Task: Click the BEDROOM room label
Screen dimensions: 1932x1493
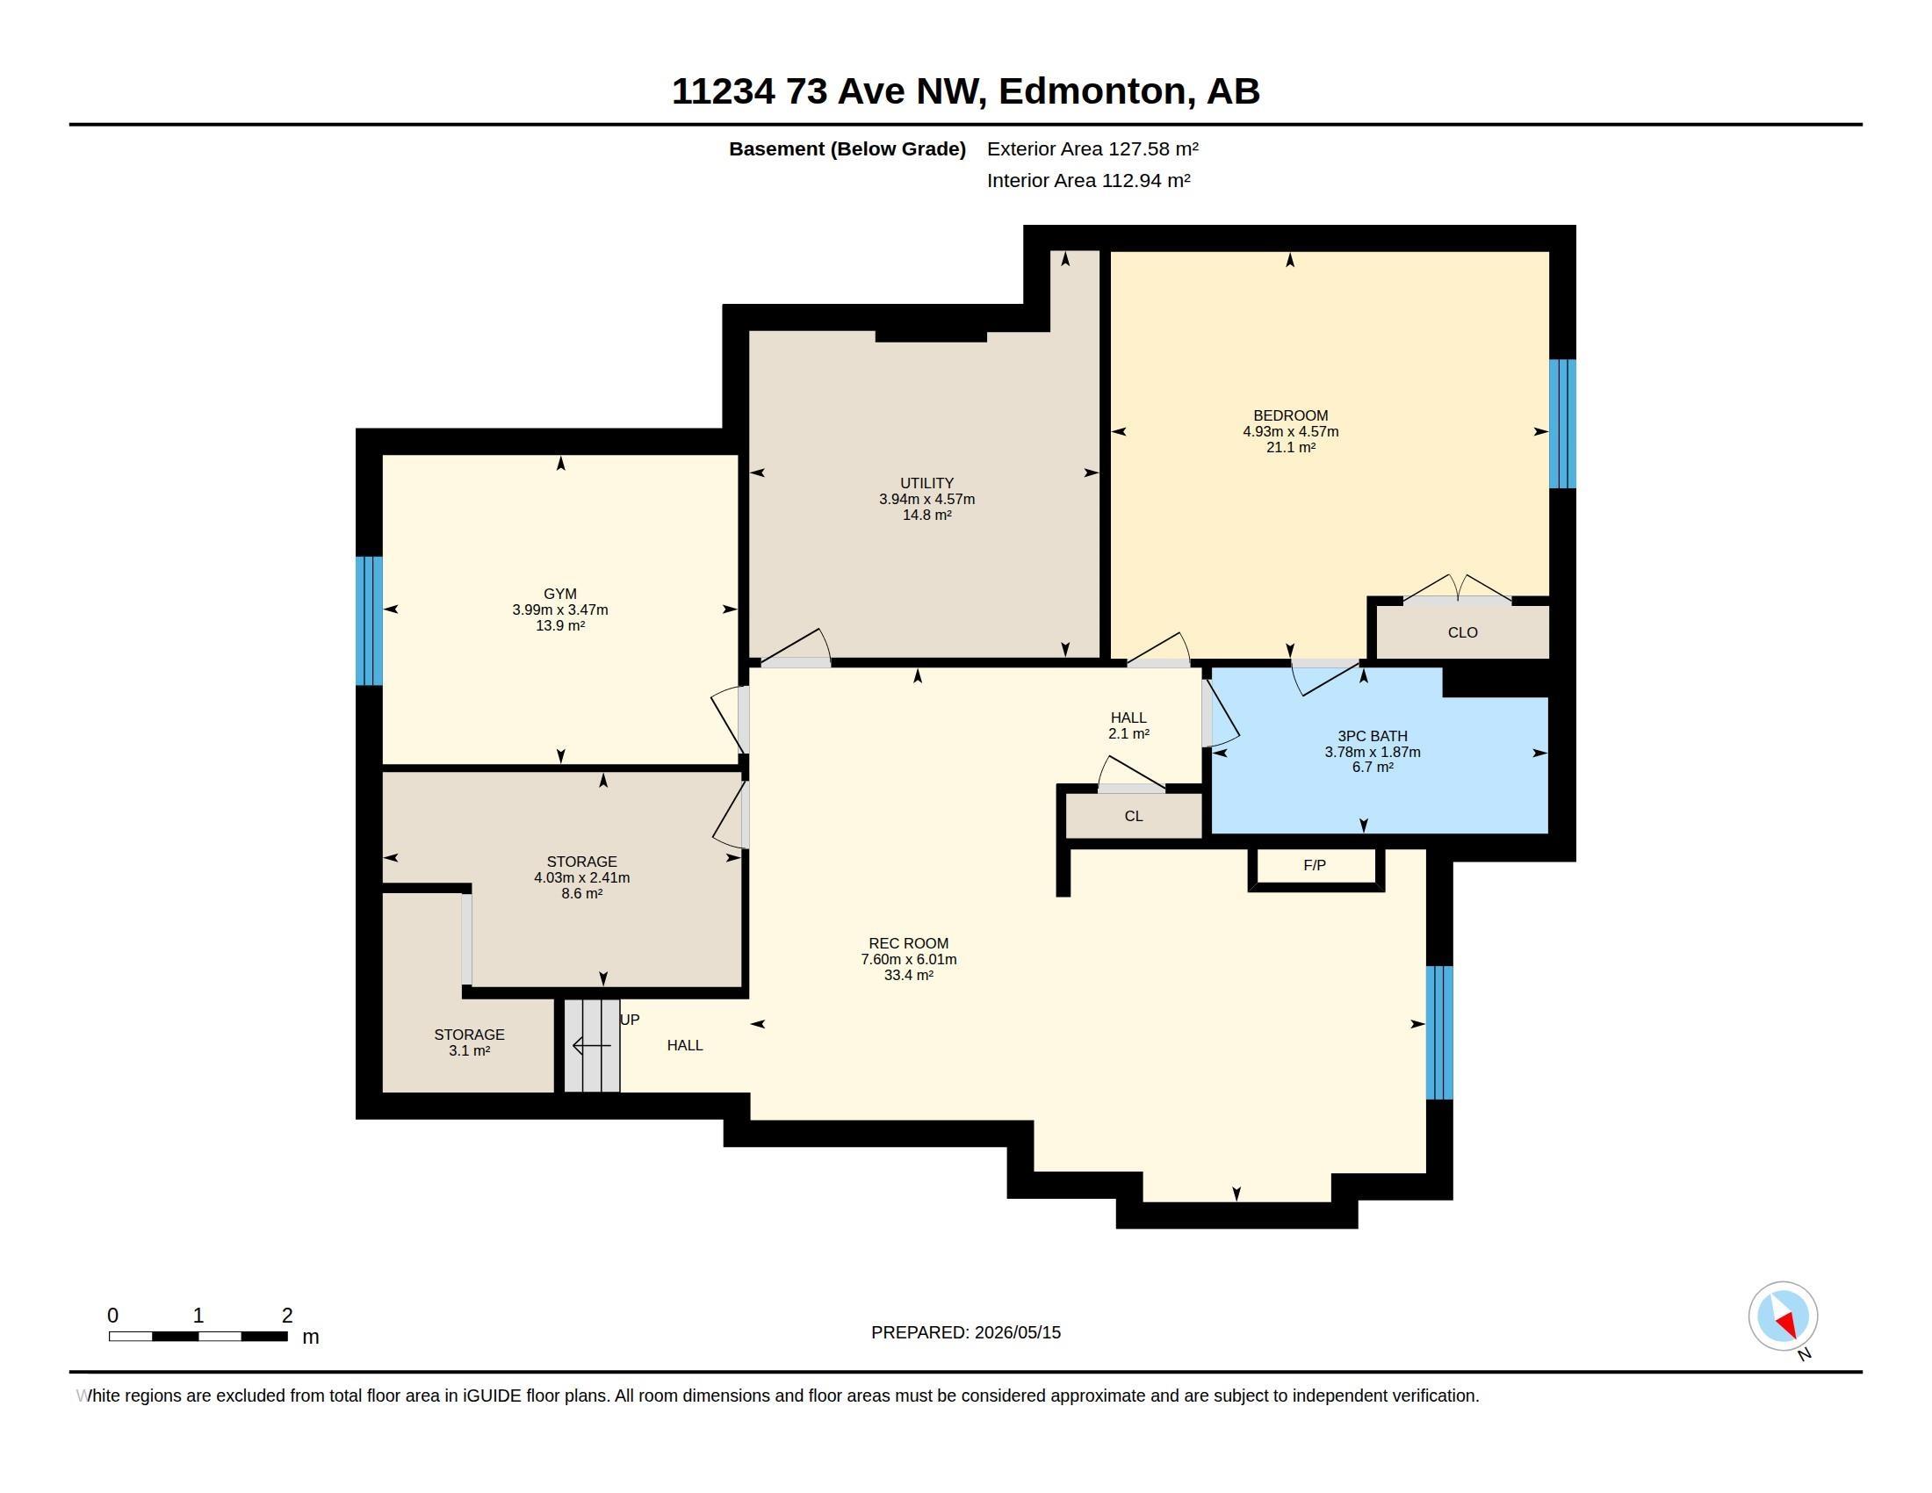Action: coord(1290,415)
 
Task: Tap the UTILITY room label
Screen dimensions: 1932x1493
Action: coord(926,483)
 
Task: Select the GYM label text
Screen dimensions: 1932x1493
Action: coord(560,595)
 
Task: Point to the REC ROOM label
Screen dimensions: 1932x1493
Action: coord(909,944)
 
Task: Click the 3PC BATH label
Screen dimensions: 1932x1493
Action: coord(1372,736)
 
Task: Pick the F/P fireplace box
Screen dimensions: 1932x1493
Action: coord(1316,866)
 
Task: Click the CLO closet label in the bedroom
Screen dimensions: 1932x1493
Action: coord(1462,632)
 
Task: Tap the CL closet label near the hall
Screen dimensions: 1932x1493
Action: coord(1133,817)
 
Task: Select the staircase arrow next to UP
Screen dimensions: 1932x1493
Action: coord(592,1046)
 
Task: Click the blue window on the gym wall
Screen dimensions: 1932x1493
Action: coord(369,621)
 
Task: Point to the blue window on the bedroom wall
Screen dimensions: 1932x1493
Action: coord(1562,423)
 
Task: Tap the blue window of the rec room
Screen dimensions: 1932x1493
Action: coord(1439,1032)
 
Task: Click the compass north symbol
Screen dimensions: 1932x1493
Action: coord(1783,1317)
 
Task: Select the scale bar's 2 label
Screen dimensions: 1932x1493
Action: coord(286,1316)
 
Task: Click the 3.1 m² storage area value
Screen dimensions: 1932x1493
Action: coord(469,1050)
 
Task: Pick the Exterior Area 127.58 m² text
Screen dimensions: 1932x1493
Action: coord(1092,148)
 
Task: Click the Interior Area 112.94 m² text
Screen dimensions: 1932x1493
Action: coord(1088,180)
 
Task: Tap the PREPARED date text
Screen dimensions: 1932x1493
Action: coord(965,1332)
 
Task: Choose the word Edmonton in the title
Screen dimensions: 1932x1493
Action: coord(1093,92)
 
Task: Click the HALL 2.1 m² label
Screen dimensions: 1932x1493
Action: coord(1128,725)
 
